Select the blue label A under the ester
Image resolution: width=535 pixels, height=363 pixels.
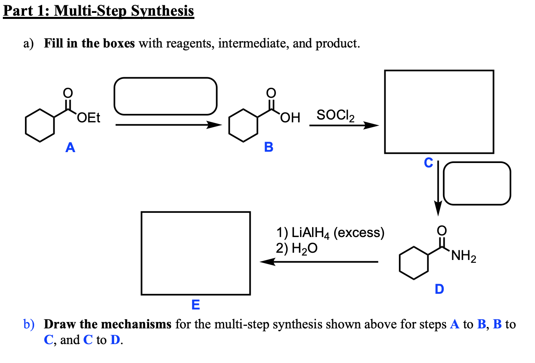pos(70,148)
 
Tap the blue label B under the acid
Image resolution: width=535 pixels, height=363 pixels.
pos(269,147)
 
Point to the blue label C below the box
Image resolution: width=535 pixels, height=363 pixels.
pos(429,163)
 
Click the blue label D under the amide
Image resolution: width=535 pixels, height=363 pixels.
pos(439,289)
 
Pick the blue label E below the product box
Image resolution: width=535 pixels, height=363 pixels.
pos(196,305)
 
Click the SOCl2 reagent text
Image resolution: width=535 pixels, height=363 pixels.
pos(335,115)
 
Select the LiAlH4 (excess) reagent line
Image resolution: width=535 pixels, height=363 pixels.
pos(330,233)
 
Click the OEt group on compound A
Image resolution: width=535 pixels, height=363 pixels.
pos(89,118)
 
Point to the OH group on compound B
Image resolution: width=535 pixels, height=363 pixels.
pos(290,118)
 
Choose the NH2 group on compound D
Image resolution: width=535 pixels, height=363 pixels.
pos(464,256)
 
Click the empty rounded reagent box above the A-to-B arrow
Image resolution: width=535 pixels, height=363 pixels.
pos(165,96)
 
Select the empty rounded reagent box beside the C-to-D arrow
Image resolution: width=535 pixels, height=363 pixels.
pos(477,183)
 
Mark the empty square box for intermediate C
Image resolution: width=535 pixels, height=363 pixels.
pos(439,111)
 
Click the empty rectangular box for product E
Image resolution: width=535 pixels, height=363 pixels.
pos(196,253)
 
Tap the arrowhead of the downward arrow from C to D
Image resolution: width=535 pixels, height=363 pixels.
pos(438,209)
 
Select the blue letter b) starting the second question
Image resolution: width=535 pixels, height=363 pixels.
pos(29,324)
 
